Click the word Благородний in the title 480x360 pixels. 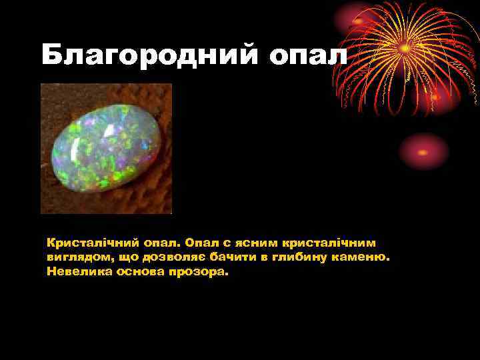coord(149,55)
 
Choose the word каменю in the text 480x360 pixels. coord(361,257)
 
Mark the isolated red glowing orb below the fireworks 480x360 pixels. coord(424,151)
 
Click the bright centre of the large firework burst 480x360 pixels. coord(405,48)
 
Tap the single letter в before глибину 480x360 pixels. coord(262,257)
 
